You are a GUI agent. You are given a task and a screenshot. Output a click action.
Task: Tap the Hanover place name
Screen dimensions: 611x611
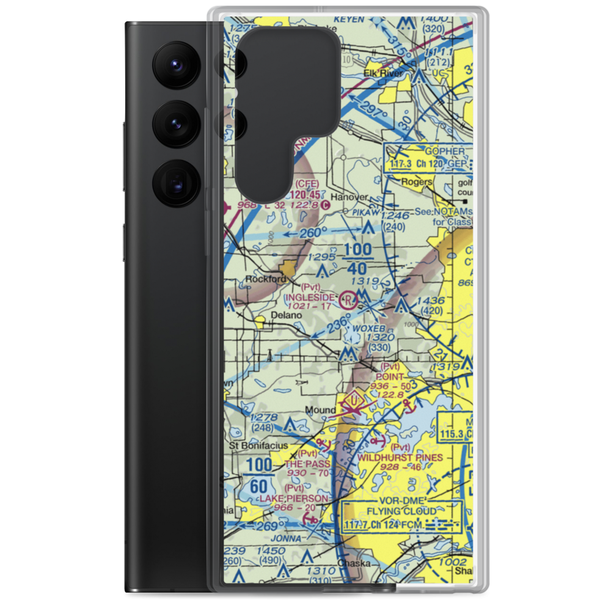(349, 197)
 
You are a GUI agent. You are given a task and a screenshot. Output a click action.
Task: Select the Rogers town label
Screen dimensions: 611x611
(417, 181)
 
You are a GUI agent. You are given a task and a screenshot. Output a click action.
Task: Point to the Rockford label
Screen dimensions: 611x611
(266, 279)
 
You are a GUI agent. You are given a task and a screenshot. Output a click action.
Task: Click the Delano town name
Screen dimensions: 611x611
(287, 315)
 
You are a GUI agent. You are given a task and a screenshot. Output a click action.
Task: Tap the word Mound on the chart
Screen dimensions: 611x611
(320, 409)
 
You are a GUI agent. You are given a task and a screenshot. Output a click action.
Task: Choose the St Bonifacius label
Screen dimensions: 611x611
(258, 446)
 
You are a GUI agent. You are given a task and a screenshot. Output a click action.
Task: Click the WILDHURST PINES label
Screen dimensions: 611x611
(400, 457)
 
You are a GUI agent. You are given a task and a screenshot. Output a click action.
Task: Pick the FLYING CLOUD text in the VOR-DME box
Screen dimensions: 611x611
(401, 511)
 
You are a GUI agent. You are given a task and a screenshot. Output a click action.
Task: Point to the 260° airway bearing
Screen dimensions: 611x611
(308, 233)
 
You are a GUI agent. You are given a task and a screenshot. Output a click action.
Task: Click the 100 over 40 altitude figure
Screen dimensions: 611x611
(356, 259)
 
